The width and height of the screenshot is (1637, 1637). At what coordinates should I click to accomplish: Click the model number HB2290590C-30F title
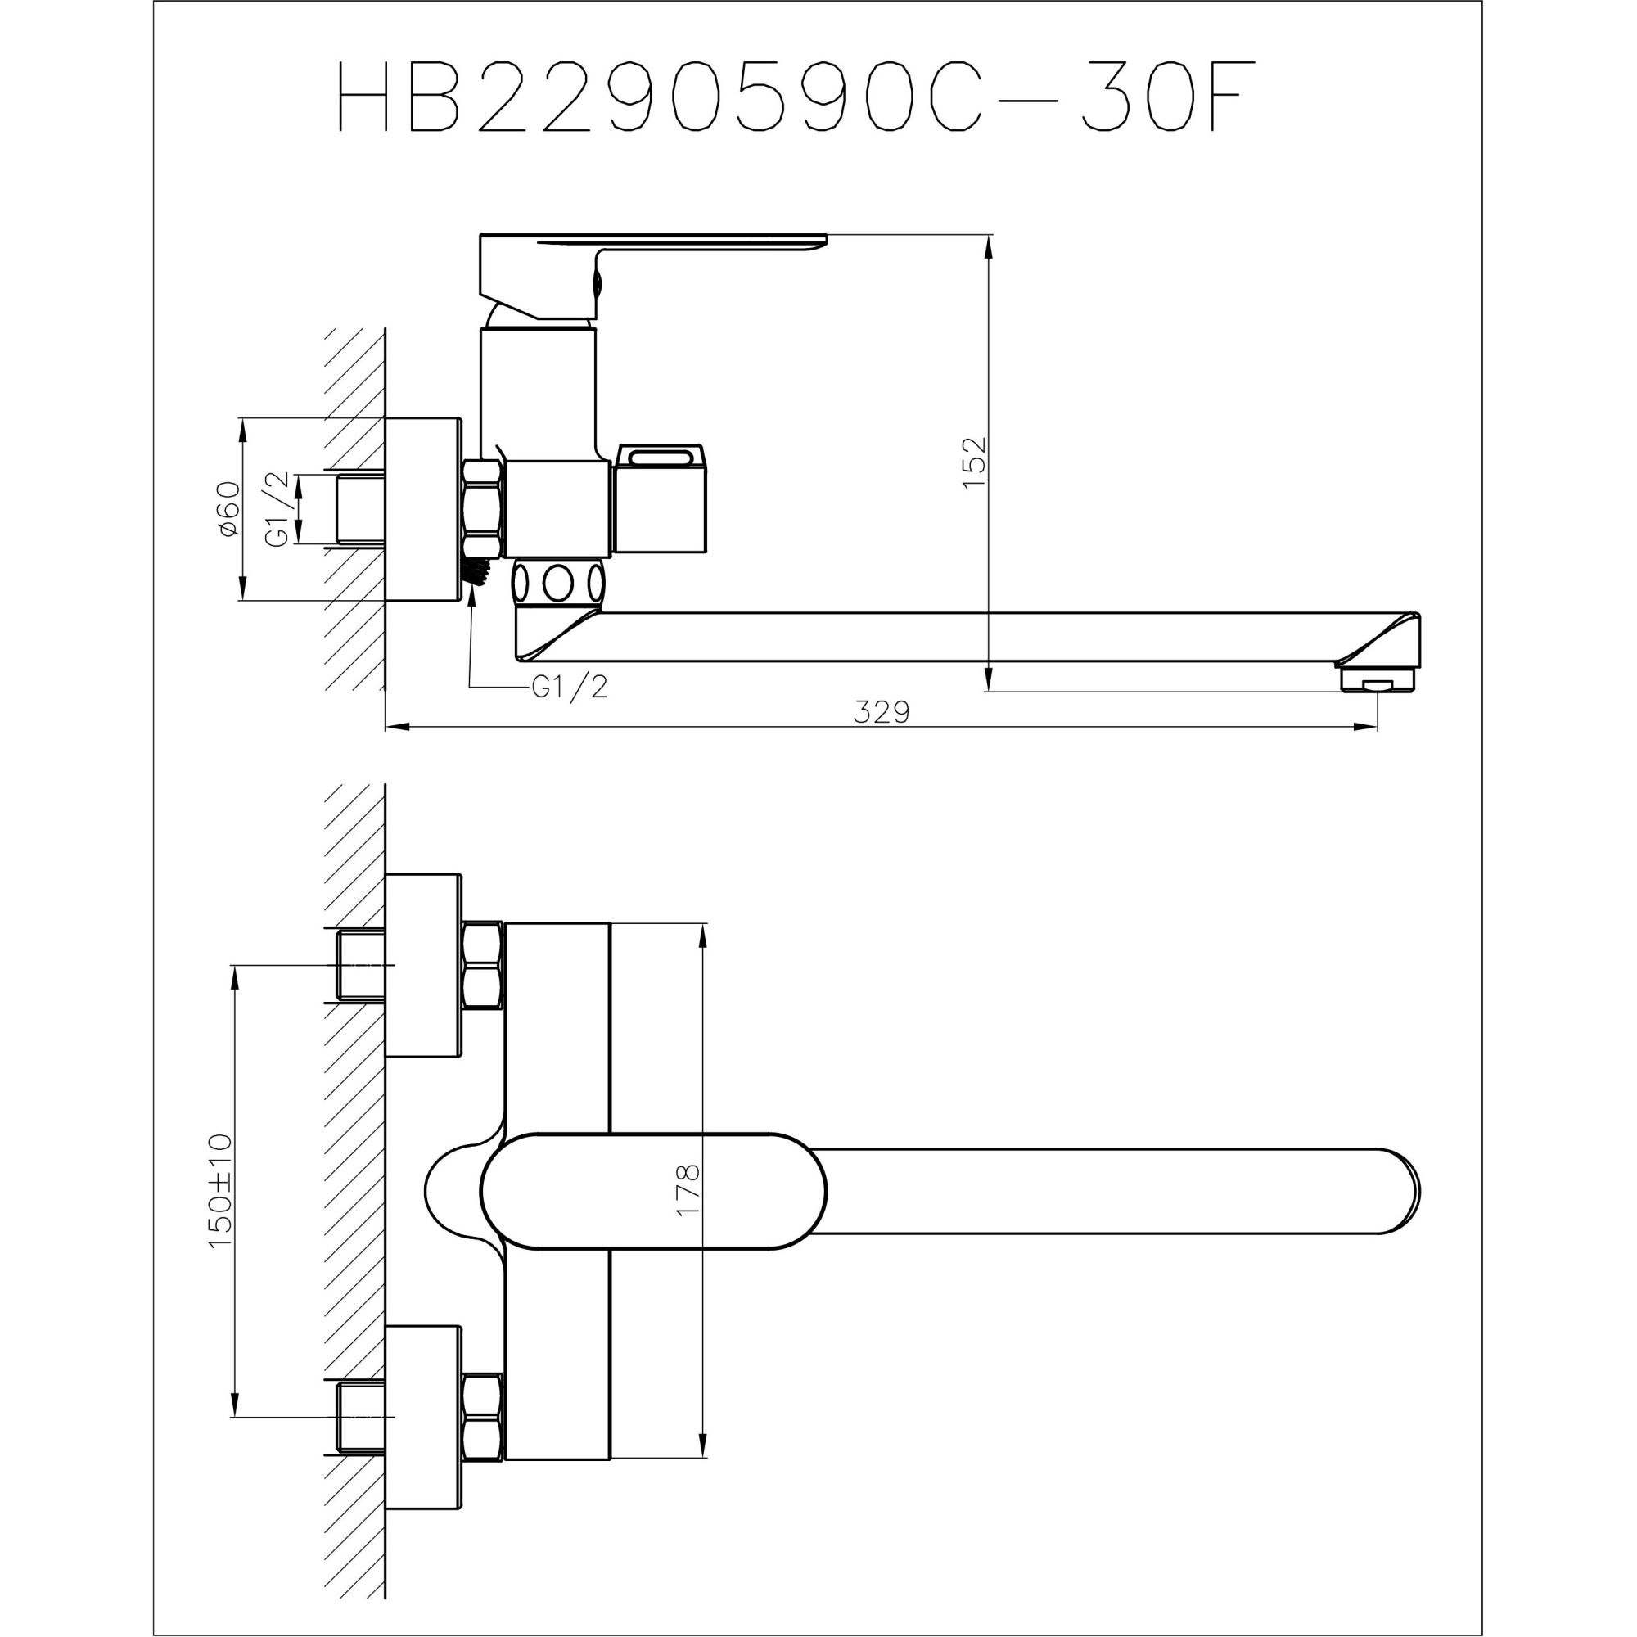792,96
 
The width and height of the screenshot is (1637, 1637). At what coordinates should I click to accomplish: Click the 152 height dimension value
974,462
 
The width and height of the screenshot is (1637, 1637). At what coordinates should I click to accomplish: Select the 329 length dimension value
882,712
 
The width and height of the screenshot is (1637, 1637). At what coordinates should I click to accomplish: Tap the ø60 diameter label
229,508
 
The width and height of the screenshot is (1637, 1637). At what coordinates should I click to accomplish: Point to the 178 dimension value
688,1190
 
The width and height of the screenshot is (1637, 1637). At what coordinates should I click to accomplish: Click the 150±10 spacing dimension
220,1190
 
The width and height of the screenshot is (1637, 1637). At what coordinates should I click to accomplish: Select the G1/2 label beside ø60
278,508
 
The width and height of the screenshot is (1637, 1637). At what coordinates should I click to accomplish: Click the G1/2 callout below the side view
570,687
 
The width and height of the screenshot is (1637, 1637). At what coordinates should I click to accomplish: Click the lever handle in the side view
652,246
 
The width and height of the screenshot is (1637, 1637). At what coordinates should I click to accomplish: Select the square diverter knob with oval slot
661,500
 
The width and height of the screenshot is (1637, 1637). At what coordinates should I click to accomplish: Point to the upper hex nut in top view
483,965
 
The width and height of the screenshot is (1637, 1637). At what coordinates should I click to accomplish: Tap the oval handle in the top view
652,1190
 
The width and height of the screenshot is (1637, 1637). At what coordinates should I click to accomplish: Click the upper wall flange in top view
423,965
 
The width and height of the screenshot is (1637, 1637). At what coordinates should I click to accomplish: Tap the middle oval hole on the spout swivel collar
557,583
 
